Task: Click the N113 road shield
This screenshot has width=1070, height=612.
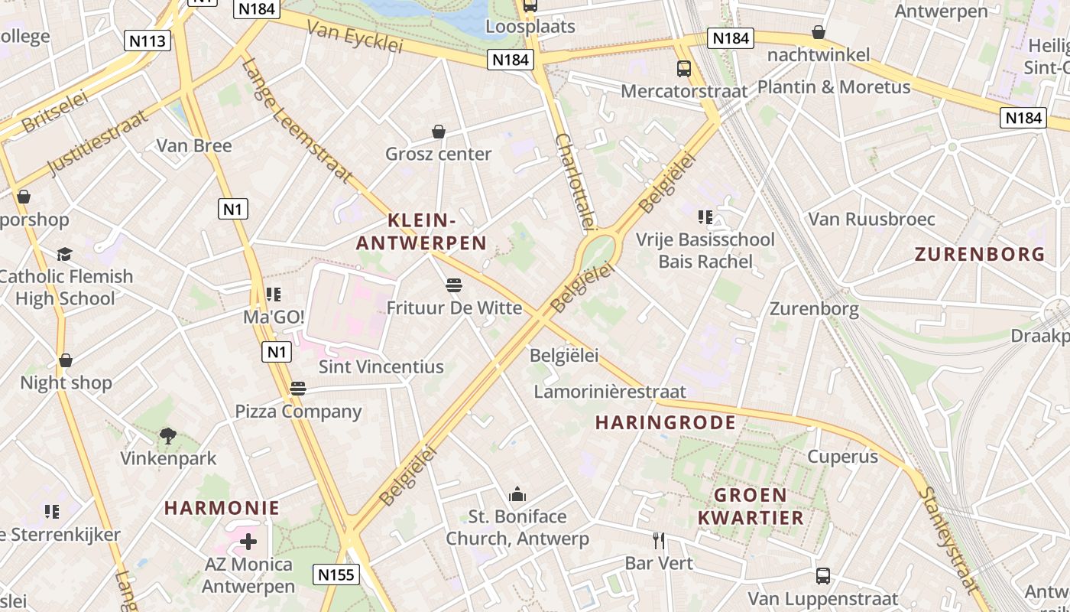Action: point(148,41)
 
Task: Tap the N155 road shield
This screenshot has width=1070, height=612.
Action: point(337,575)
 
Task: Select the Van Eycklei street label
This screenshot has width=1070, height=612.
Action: point(355,37)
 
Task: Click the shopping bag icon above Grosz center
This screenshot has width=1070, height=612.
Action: point(439,132)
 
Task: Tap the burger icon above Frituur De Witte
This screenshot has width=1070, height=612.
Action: point(454,286)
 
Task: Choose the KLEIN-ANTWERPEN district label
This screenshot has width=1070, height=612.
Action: point(421,232)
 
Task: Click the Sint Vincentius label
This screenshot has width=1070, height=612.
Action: point(381,366)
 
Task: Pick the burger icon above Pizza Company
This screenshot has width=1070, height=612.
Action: point(298,389)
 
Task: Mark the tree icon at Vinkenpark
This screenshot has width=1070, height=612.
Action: point(168,436)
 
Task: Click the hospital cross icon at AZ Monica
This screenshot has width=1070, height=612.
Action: point(248,542)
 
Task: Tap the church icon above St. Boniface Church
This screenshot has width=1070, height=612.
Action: point(517,494)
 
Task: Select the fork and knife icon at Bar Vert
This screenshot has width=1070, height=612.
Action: point(659,541)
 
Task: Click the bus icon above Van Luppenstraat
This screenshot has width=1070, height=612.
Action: point(823,575)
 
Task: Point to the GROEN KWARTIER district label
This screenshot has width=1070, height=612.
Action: point(751,506)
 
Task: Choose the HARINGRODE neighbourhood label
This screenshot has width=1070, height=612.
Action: point(666,422)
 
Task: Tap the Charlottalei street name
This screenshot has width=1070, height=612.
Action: point(575,181)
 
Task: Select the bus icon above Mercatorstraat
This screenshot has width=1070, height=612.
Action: point(684,69)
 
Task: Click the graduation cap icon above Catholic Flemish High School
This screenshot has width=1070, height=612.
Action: point(65,254)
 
